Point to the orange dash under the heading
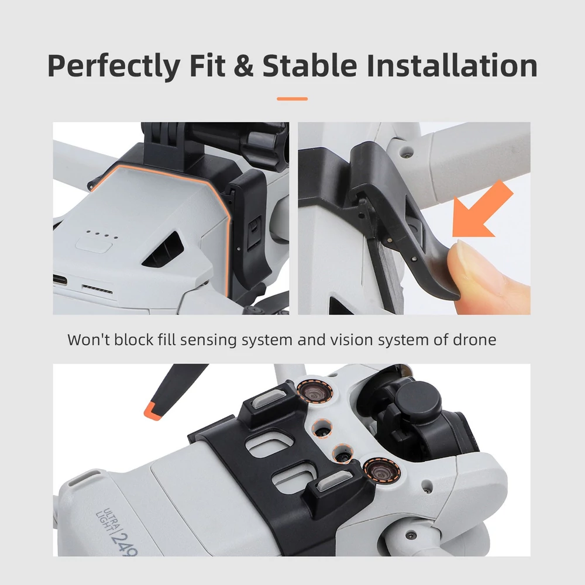point(292,99)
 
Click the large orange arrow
point(481,211)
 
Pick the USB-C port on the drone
point(60,280)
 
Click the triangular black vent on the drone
point(165,250)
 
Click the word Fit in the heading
point(208,65)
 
